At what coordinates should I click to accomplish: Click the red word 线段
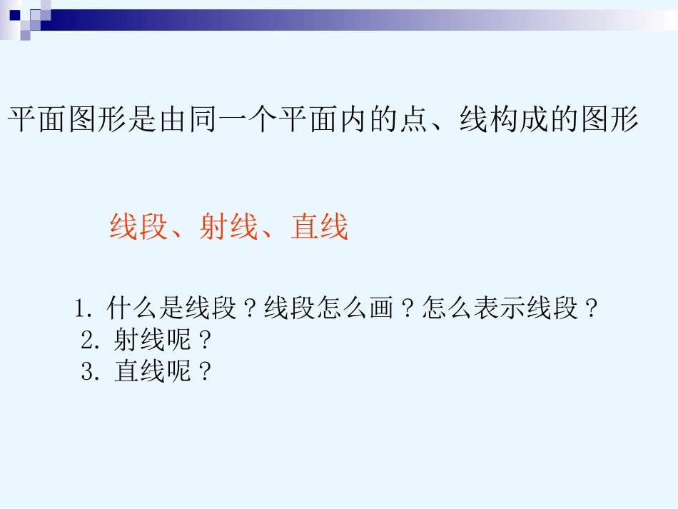coord(138,228)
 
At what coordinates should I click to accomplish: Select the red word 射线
coord(228,228)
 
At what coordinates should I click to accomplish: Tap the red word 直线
coord(319,228)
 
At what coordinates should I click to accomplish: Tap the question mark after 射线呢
coord(206,341)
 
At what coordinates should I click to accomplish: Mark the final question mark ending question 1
coord(590,310)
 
